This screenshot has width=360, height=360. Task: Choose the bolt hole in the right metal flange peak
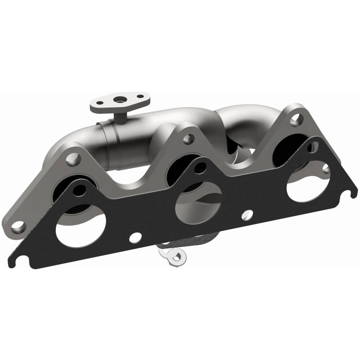click(x=296, y=119)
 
